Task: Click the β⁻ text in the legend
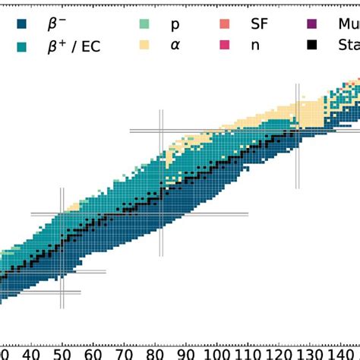tap(58, 24)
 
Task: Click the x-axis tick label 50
tap(64, 352)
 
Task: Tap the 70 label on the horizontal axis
tap(127, 352)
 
